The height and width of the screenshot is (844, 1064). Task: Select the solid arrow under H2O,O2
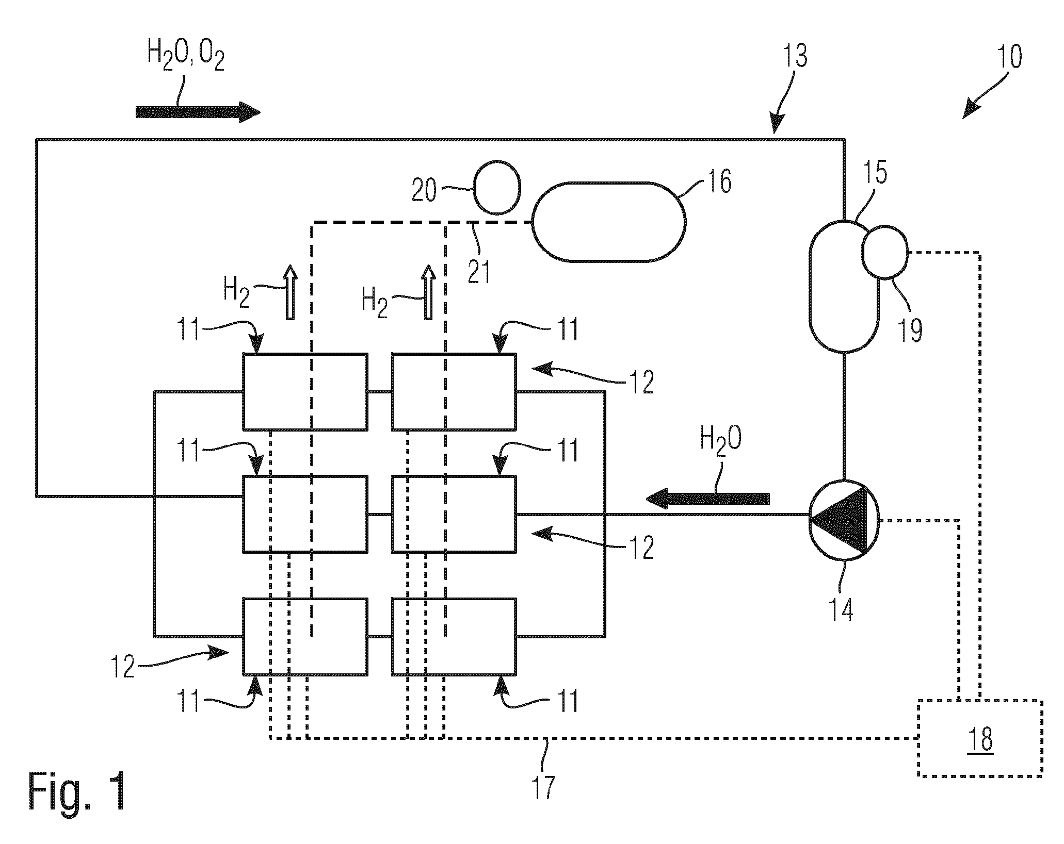click(198, 112)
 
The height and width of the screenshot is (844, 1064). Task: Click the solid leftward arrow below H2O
click(707, 499)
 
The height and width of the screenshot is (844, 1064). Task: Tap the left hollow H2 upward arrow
click(291, 292)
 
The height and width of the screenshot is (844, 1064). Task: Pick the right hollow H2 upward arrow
click(428, 292)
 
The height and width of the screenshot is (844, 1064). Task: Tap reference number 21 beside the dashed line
click(479, 271)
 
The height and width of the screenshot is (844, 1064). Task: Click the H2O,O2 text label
click(186, 56)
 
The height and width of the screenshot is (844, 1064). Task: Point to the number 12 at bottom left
click(123, 667)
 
